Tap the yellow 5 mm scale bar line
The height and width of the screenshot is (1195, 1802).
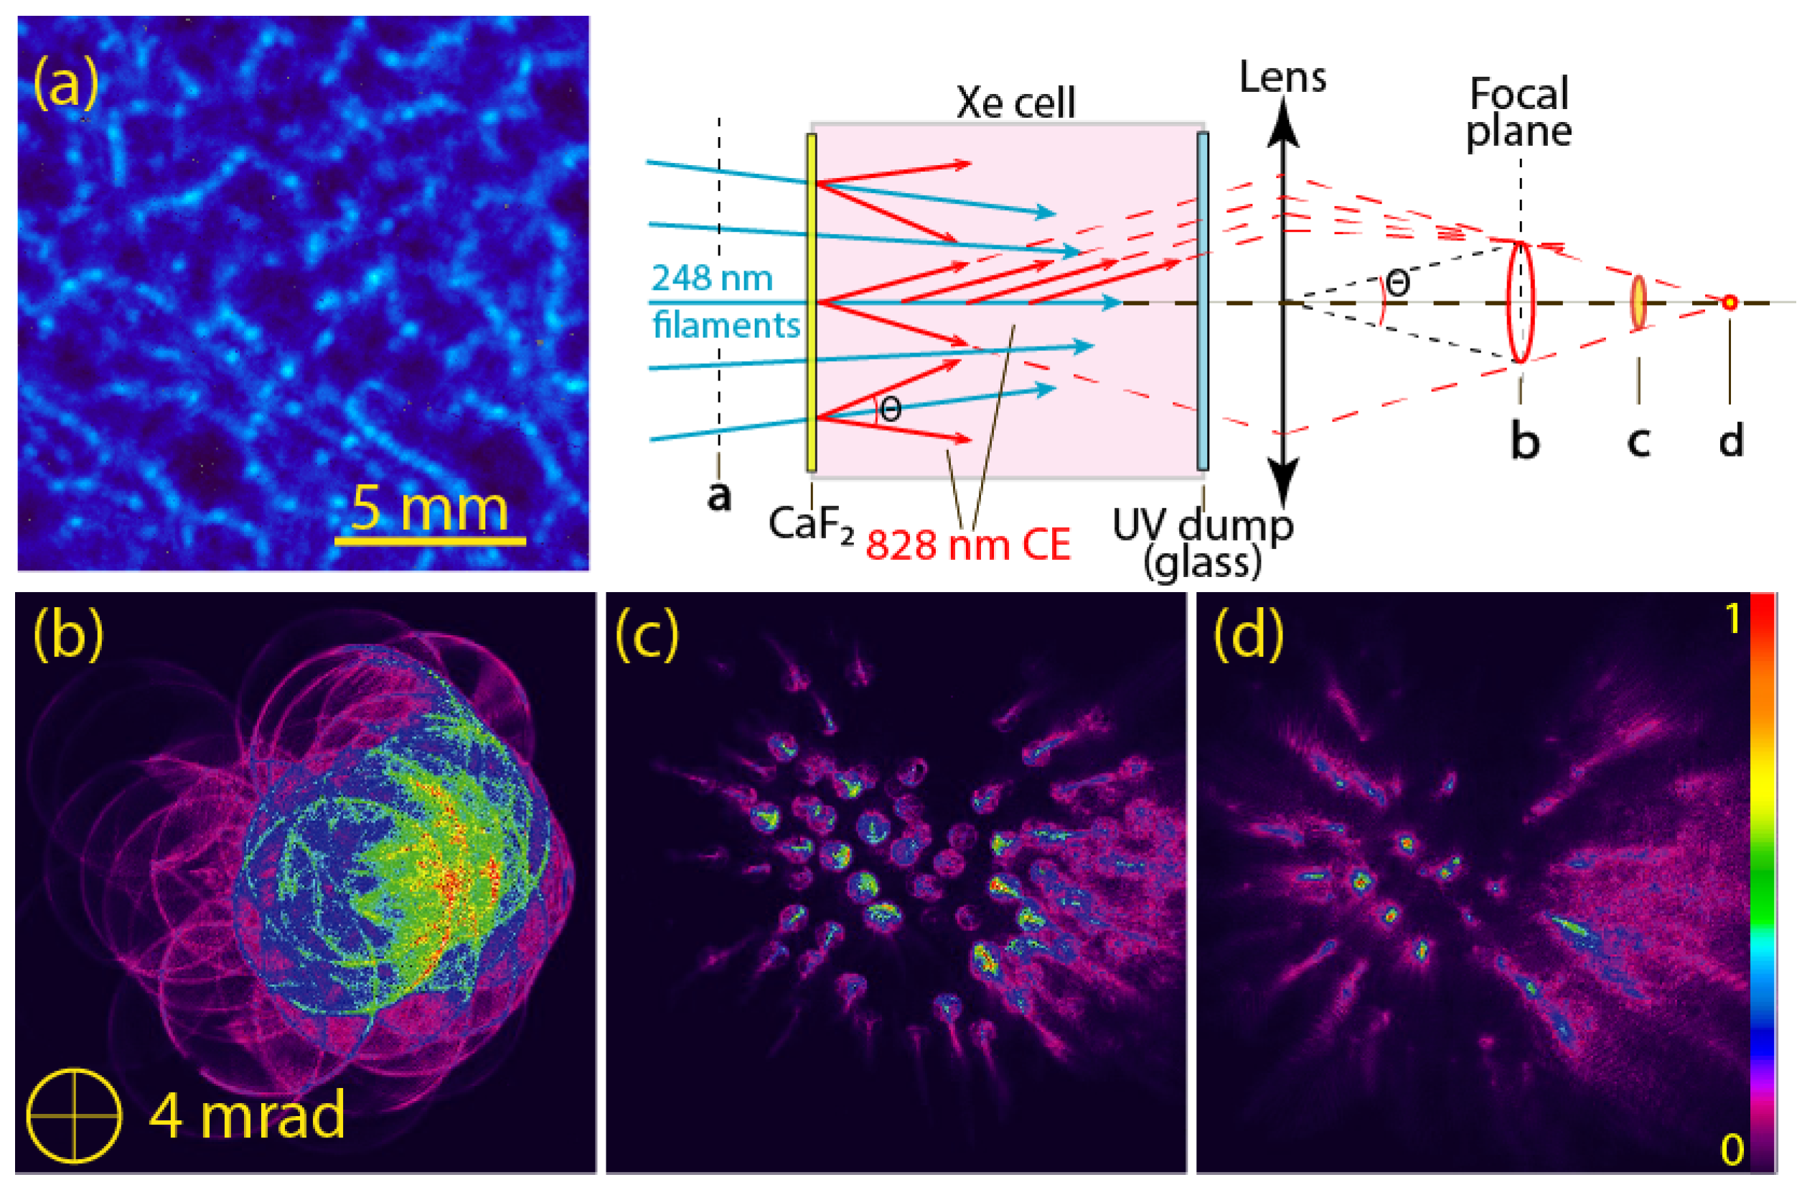[430, 542]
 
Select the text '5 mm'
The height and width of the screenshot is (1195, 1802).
[430, 508]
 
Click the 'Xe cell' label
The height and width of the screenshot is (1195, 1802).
[1015, 102]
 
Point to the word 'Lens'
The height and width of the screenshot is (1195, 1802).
[1283, 77]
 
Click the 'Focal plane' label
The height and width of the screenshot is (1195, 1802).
[1519, 112]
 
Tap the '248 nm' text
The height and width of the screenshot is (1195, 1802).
[712, 278]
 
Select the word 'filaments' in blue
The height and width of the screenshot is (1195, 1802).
[726, 325]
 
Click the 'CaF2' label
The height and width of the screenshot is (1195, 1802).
[811, 525]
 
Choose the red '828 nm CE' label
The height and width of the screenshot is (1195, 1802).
[968, 545]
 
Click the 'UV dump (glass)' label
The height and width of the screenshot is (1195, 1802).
[1202, 543]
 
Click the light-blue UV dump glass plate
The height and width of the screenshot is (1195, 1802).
[1202, 301]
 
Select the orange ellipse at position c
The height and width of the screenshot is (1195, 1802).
[1638, 303]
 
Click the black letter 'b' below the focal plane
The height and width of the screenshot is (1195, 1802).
[1525, 442]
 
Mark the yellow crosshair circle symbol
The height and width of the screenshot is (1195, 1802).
[74, 1115]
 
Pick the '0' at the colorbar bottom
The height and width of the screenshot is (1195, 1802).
[1732, 1149]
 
